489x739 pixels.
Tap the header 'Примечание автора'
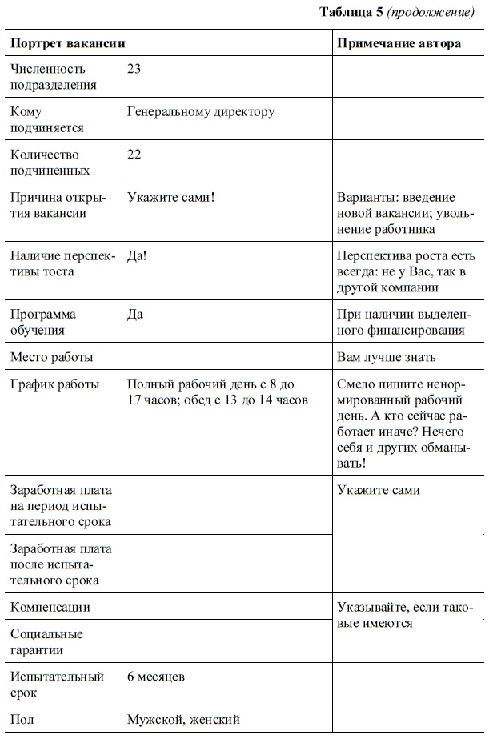399,43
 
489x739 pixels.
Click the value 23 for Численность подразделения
134,69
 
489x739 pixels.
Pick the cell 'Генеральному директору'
200,112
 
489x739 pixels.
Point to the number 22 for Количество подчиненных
134,155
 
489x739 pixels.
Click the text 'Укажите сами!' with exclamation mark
170,197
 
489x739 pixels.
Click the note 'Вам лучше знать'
387,357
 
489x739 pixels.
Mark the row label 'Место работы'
51,357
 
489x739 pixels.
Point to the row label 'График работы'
55,384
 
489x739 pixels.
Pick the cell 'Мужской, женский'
183,719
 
